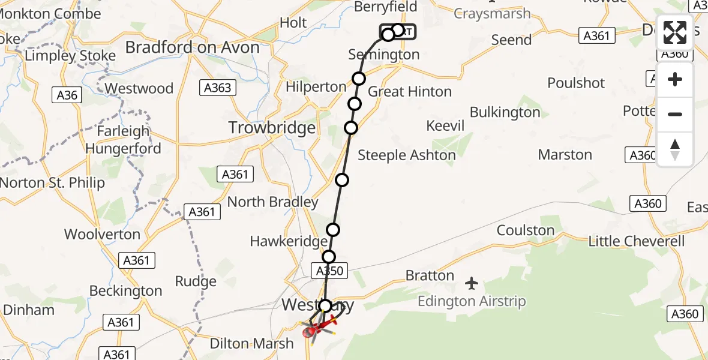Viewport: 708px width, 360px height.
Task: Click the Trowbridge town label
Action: pos(272,128)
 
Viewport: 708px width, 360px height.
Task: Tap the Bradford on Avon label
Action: pos(193,47)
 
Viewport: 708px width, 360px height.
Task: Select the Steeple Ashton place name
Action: pos(407,155)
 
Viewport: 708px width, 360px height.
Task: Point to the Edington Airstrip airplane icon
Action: pos(472,282)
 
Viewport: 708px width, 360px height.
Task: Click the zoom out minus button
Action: pos(675,114)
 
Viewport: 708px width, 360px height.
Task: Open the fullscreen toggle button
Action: pos(675,33)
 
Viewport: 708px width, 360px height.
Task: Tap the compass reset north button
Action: pos(675,149)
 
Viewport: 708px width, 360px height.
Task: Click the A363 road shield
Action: pos(217,88)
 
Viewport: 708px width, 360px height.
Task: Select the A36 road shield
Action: pos(67,95)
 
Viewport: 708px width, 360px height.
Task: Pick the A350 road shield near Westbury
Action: pos(329,271)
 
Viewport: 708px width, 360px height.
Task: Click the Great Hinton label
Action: pos(410,92)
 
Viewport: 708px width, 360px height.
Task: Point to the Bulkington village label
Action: pos(505,112)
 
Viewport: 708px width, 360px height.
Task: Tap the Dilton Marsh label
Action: pos(252,344)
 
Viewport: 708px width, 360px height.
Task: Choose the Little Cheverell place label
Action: pos(637,241)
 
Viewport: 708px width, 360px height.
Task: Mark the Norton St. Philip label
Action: pos(53,183)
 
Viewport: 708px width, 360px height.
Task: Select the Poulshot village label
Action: pos(576,83)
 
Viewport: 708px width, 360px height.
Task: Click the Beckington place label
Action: pos(125,291)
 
